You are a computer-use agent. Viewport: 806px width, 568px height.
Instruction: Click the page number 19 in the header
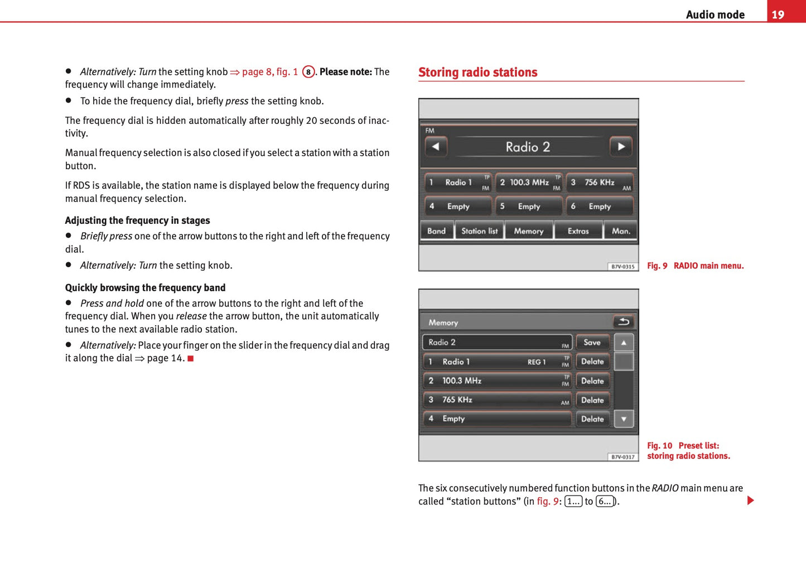pyautogui.click(x=778, y=15)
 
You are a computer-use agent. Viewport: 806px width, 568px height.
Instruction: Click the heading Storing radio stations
pyautogui.click(x=477, y=73)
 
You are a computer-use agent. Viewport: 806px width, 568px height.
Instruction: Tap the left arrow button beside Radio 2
pyautogui.click(x=436, y=147)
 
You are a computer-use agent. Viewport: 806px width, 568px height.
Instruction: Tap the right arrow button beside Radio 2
pyautogui.click(x=621, y=147)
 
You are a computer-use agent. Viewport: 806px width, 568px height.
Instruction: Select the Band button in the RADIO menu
pyautogui.click(x=436, y=231)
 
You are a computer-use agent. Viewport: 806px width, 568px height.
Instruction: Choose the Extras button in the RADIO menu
pyautogui.click(x=578, y=231)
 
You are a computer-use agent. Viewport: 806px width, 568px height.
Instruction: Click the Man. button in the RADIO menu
pyautogui.click(x=621, y=231)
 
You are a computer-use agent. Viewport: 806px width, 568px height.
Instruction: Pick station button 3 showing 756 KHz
pyautogui.click(x=600, y=182)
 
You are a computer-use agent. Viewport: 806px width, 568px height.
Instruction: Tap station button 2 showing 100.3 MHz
pyautogui.click(x=529, y=182)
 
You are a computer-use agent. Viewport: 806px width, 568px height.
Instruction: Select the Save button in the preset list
pyautogui.click(x=592, y=343)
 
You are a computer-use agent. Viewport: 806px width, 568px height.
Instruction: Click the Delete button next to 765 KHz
pyautogui.click(x=592, y=400)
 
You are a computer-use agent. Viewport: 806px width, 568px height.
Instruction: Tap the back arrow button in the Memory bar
pyautogui.click(x=624, y=322)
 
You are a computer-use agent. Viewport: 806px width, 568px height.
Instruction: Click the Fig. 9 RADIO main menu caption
pyautogui.click(x=695, y=266)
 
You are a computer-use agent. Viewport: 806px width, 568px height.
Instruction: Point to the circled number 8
pyautogui.click(x=308, y=72)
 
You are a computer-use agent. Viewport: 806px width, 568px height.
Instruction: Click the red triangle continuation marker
pyautogui.click(x=750, y=500)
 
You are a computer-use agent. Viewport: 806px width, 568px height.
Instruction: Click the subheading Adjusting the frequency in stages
pyautogui.click(x=137, y=220)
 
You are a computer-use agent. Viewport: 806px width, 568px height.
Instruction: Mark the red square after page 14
pyautogui.click(x=191, y=358)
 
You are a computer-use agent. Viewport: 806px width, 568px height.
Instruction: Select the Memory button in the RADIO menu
pyautogui.click(x=528, y=231)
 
